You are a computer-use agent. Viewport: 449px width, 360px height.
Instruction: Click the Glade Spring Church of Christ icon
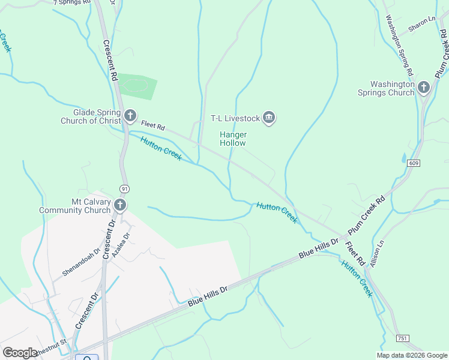click(130, 116)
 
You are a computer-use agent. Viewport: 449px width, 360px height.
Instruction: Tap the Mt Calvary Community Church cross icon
click(119, 206)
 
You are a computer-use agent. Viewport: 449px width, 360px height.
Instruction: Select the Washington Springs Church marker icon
click(424, 88)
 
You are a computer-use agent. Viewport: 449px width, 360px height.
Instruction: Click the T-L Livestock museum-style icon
click(269, 118)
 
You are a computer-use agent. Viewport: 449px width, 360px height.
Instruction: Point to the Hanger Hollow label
click(232, 139)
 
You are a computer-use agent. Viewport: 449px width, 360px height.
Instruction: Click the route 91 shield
click(124, 188)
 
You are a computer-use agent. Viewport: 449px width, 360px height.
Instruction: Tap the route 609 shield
click(413, 163)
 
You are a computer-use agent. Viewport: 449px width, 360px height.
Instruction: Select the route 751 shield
click(403, 339)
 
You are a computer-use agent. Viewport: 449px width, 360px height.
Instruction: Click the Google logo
click(20, 353)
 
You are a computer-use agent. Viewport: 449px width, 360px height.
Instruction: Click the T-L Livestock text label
click(235, 118)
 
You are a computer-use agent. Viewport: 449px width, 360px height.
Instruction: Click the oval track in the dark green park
click(137, 85)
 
